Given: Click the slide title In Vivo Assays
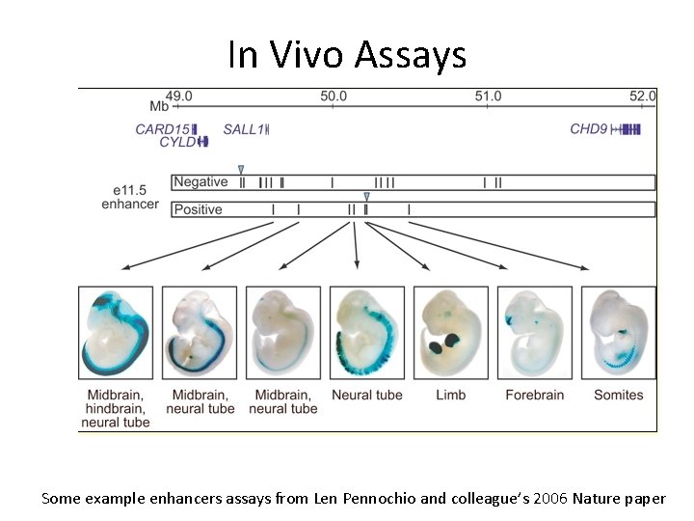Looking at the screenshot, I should [347, 55].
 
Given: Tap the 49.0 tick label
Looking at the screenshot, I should [179, 96].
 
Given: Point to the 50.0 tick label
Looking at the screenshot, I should [334, 96].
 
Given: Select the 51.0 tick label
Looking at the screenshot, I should [488, 96].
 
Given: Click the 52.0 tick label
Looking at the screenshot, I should [642, 96].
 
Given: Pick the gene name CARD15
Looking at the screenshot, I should [162, 129].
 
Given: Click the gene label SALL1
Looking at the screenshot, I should [242, 129].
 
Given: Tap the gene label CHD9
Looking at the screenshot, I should [588, 129].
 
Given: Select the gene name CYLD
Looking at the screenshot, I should [176, 143].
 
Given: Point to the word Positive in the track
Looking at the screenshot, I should [199, 209].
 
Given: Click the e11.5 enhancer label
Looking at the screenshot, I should [130, 197].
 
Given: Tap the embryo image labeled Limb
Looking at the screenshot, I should [450, 331].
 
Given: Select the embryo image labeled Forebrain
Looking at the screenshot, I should [534, 331].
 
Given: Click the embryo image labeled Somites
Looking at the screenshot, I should [618, 331].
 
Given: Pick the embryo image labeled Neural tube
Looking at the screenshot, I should [366, 331].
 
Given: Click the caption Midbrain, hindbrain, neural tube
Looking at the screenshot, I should [116, 408].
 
